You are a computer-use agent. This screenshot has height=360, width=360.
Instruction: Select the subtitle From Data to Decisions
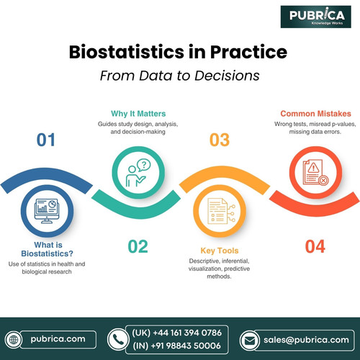[179, 74]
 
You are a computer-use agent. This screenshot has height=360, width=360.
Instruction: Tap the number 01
[45, 139]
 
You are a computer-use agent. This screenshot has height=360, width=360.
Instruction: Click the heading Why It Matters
[139, 113]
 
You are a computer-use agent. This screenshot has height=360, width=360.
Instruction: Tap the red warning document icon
[315, 173]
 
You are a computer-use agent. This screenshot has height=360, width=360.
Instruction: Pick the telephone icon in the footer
[117, 338]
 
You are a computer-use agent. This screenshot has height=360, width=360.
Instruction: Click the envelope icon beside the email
[248, 338]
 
